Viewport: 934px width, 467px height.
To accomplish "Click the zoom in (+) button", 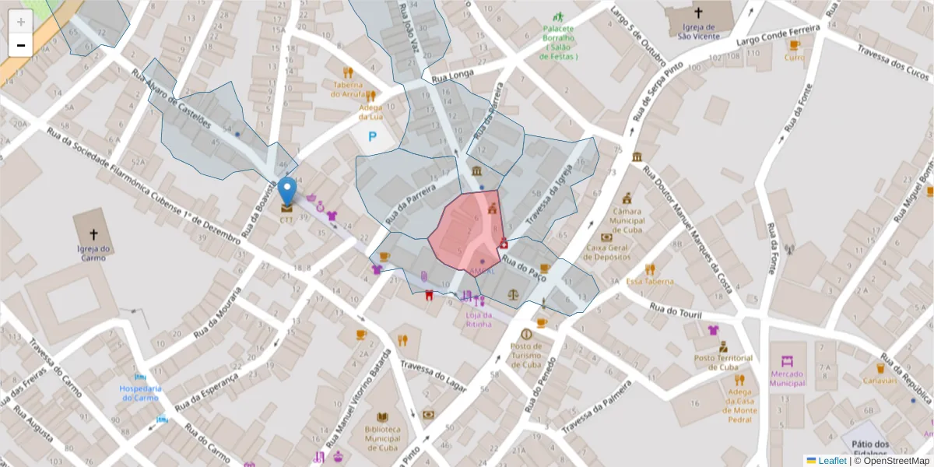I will (20, 21).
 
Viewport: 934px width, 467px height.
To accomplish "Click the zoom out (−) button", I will (20, 45).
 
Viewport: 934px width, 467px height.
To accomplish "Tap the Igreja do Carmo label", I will (93, 254).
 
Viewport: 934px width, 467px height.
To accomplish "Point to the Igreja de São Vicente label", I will (697, 31).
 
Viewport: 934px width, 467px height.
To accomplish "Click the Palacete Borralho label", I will (558, 42).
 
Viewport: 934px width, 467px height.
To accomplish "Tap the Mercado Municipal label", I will (787, 377).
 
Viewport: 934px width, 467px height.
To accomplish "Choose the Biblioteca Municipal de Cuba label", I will (382, 438).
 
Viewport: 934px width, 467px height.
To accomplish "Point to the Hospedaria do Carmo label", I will (139, 393).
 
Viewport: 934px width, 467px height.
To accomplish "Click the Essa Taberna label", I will (649, 282).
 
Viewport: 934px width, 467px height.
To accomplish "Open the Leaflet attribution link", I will (831, 460).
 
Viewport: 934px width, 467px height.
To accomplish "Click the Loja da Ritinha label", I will (479, 319).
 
